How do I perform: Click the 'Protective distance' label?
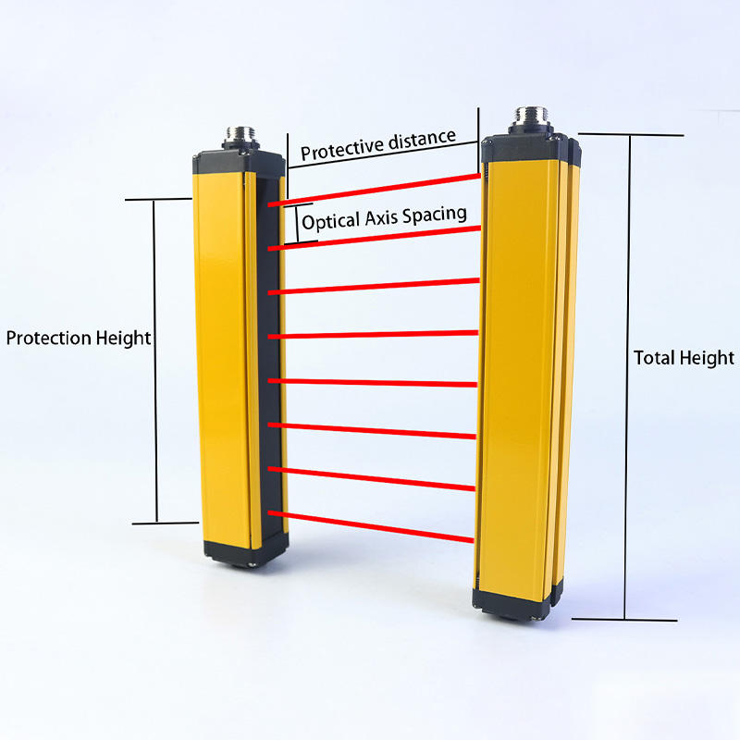point(377,144)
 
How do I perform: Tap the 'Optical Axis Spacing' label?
point(384,217)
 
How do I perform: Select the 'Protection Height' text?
point(78,339)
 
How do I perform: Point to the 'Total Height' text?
point(684,358)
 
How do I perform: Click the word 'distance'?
point(421,140)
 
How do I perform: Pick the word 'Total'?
point(654,358)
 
